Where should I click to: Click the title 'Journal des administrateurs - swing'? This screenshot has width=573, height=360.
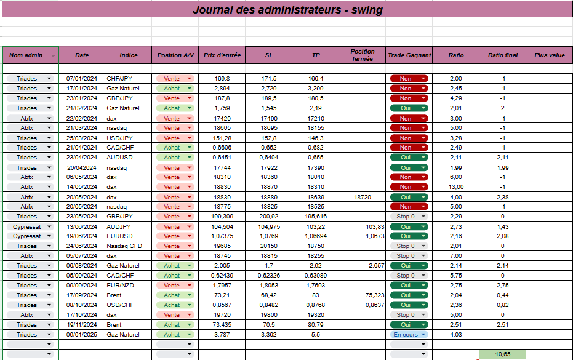tap(287, 10)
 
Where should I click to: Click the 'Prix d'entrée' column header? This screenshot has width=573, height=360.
tap(222, 55)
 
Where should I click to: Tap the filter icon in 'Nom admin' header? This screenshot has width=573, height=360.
tap(53, 55)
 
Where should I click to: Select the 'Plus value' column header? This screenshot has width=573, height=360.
tap(549, 55)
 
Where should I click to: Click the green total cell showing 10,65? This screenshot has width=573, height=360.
tap(502, 354)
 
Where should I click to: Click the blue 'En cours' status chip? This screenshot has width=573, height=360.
tap(409, 334)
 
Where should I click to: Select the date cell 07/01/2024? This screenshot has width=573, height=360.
tap(81, 79)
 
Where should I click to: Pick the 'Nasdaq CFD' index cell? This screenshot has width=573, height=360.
tap(124, 246)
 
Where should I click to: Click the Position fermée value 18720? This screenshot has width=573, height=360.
tap(363, 198)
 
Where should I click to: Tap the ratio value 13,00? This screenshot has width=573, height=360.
tap(455, 186)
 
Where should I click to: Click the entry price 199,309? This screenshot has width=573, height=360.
tap(222, 217)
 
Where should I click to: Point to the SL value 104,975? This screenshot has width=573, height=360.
tap(269, 227)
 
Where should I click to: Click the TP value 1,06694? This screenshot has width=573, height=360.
tap(316, 236)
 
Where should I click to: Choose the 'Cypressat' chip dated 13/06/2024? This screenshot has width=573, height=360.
tap(30, 227)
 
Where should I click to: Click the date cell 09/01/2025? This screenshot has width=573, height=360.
tap(81, 334)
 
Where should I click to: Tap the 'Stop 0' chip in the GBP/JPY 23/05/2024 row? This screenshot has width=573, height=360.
tap(409, 217)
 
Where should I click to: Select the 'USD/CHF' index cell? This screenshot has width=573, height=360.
tap(120, 305)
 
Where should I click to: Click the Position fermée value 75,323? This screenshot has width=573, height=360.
tap(375, 295)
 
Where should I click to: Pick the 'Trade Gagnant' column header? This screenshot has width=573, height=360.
tap(409, 55)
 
